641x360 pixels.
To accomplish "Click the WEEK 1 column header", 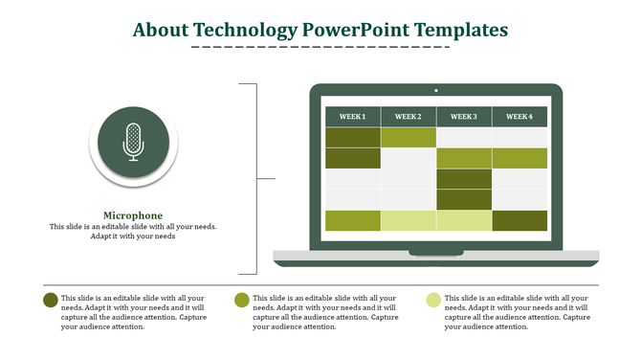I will (x=353, y=117).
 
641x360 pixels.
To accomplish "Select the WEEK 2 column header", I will (x=409, y=117).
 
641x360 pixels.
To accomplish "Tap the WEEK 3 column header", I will (x=464, y=117).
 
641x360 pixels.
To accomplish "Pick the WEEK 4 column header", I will (x=519, y=117).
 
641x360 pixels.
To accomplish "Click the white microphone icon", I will (x=133, y=142).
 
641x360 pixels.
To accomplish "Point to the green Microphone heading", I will (x=133, y=215).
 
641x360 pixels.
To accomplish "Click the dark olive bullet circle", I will (x=51, y=300).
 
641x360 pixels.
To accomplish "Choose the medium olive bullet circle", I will (x=242, y=300).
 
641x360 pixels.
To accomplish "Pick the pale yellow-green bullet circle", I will (x=434, y=300).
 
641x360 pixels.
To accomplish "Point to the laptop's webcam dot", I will (x=436, y=91).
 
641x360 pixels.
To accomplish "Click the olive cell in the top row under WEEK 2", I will (x=409, y=137).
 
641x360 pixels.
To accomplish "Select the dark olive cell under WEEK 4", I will (x=519, y=220).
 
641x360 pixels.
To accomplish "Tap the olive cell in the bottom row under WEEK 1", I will (x=353, y=220).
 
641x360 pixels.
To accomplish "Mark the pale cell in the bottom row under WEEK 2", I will (x=409, y=220).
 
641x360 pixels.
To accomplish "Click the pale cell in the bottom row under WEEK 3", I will (x=464, y=220).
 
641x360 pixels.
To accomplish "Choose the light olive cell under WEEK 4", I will (x=519, y=158).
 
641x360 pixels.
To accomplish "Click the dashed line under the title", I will (x=320, y=47).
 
